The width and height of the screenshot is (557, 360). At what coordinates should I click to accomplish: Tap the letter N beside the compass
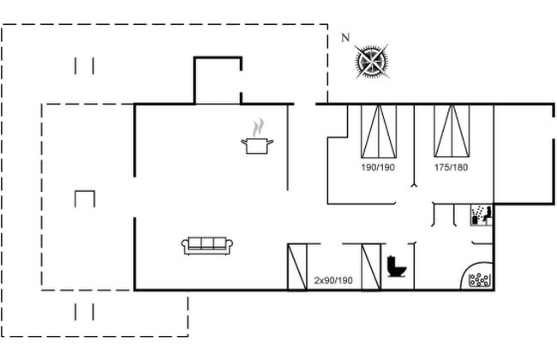point(345,37)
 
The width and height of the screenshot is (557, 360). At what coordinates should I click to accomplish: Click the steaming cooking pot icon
point(256,145)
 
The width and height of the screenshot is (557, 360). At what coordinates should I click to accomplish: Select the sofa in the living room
point(205,245)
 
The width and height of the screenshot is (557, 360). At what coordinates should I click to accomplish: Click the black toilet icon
point(396,267)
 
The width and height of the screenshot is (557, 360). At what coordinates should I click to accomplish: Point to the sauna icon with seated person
point(480,215)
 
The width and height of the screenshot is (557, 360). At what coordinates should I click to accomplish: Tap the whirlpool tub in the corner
point(479,279)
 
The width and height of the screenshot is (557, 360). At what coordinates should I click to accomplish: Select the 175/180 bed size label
point(451,168)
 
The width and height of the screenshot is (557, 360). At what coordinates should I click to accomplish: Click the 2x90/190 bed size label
point(333,280)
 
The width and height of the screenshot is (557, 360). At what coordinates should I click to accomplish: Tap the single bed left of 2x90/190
point(297,267)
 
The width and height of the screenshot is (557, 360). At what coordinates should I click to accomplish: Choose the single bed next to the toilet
point(370,267)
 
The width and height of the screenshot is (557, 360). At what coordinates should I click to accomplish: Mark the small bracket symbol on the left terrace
point(86,198)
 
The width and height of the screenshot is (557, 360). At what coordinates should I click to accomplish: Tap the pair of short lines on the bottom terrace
point(84,311)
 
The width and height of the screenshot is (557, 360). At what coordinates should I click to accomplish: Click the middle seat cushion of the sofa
point(205,245)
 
